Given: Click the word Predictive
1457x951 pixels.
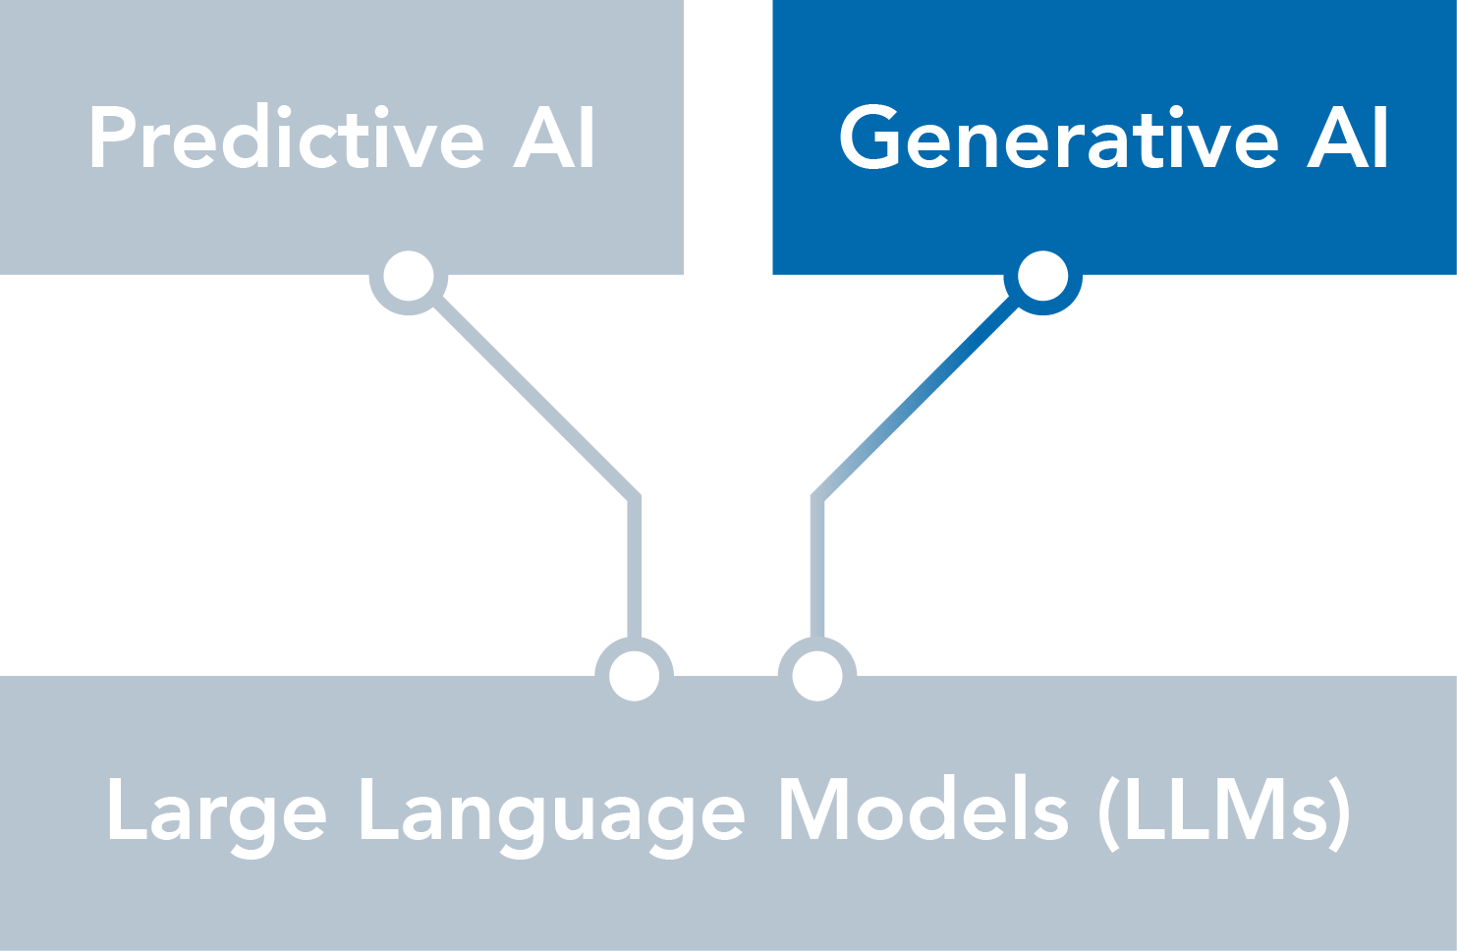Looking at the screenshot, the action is (x=286, y=138).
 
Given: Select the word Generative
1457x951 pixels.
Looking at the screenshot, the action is (x=1058, y=138).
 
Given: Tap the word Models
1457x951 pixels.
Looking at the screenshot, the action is (x=924, y=809).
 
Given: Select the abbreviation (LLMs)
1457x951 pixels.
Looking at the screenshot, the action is (x=1224, y=813).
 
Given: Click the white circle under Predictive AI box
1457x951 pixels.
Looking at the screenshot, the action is (x=409, y=276).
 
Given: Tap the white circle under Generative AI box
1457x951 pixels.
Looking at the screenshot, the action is (x=1042, y=276).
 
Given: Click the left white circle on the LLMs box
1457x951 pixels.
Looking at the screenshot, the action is (x=635, y=676).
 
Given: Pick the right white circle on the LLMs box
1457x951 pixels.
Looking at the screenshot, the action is (x=817, y=676).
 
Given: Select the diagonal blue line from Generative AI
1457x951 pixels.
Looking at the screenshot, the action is (x=916, y=398).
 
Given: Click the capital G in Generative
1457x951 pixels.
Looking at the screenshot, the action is (x=869, y=138).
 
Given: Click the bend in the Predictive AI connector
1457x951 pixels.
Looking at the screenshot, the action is (x=635, y=499).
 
